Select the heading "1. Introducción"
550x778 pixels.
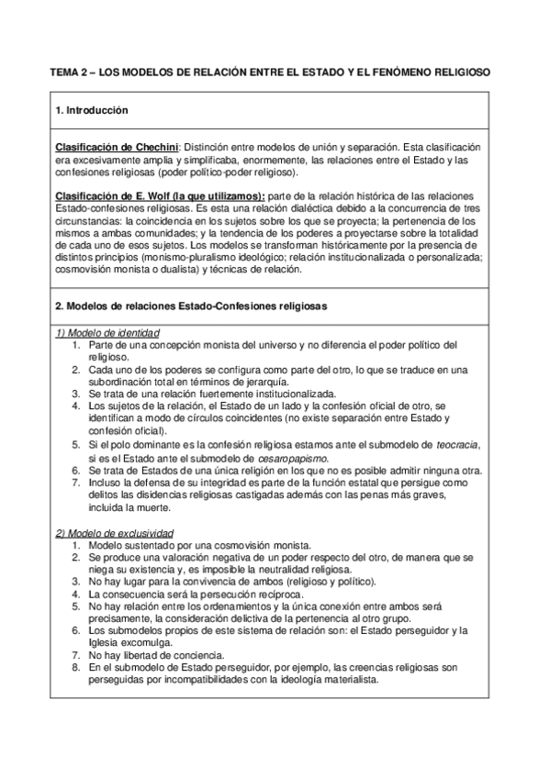92,110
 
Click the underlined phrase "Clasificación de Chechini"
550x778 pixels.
117,148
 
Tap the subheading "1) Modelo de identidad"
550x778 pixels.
108,331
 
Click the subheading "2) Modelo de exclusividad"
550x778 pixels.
115,533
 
